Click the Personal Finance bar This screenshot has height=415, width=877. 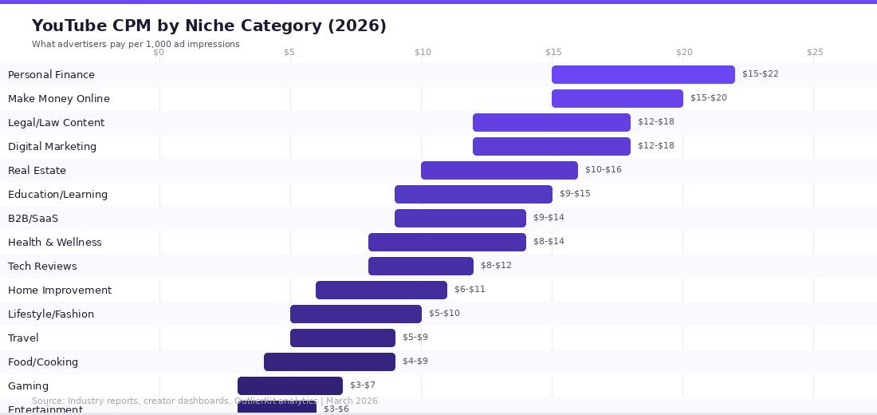643,74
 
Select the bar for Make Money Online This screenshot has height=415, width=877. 617,98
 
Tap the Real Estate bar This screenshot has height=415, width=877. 499,170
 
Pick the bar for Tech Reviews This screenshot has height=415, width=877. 421,266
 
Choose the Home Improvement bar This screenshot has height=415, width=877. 381,290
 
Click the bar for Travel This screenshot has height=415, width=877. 343,338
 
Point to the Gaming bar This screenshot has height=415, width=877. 290,385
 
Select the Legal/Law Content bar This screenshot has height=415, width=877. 552,122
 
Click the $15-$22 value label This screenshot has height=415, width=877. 760,74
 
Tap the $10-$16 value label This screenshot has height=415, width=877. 603,170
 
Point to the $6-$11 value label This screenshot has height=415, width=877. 470,290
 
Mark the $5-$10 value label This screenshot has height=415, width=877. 444,314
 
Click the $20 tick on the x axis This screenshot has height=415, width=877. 684,53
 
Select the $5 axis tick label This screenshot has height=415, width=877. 289,53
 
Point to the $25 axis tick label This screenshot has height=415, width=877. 815,53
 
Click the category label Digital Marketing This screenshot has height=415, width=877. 52,146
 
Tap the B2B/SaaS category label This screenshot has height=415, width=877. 33,218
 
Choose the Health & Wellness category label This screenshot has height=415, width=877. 54,242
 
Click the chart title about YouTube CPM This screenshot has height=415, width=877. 209,26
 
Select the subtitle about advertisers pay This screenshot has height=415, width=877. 136,44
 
